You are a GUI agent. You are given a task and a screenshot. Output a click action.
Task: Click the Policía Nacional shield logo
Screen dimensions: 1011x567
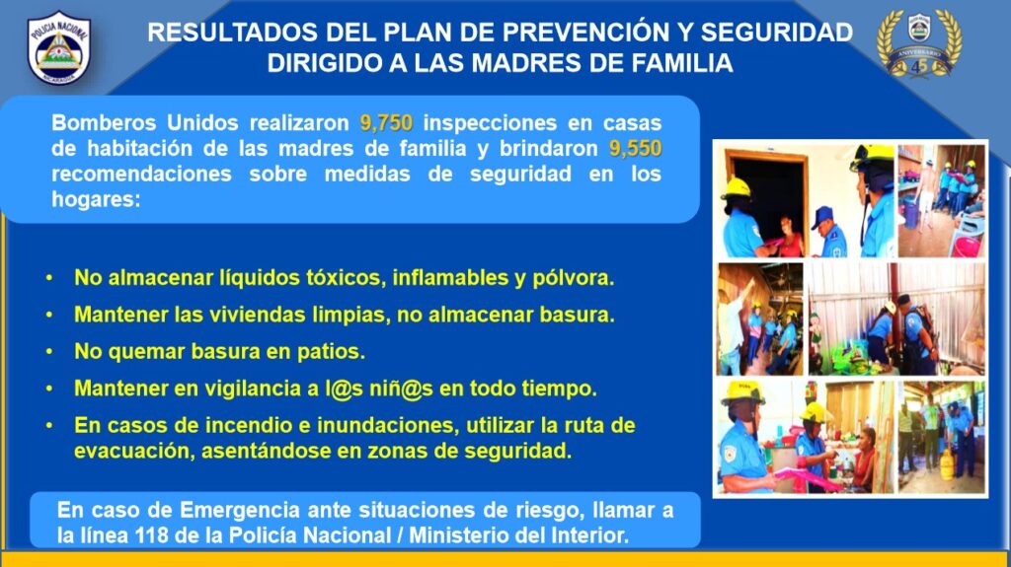tap(58, 47)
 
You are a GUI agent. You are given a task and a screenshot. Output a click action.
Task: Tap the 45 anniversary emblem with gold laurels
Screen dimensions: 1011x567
tap(919, 43)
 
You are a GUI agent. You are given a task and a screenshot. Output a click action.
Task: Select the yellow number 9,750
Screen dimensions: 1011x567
tap(386, 122)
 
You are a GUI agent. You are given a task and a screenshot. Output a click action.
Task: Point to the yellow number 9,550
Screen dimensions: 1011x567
tap(635, 148)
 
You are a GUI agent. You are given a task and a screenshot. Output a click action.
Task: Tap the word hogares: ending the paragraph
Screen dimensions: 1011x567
tap(96, 199)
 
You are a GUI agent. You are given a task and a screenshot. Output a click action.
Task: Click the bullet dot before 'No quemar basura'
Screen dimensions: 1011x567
tap(49, 352)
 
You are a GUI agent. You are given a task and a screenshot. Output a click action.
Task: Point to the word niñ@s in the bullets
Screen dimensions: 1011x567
tap(401, 389)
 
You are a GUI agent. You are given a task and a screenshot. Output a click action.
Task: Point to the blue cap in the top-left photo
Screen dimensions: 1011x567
tap(822, 216)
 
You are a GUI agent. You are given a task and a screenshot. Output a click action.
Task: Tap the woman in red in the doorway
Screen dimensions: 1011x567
tap(790, 237)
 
